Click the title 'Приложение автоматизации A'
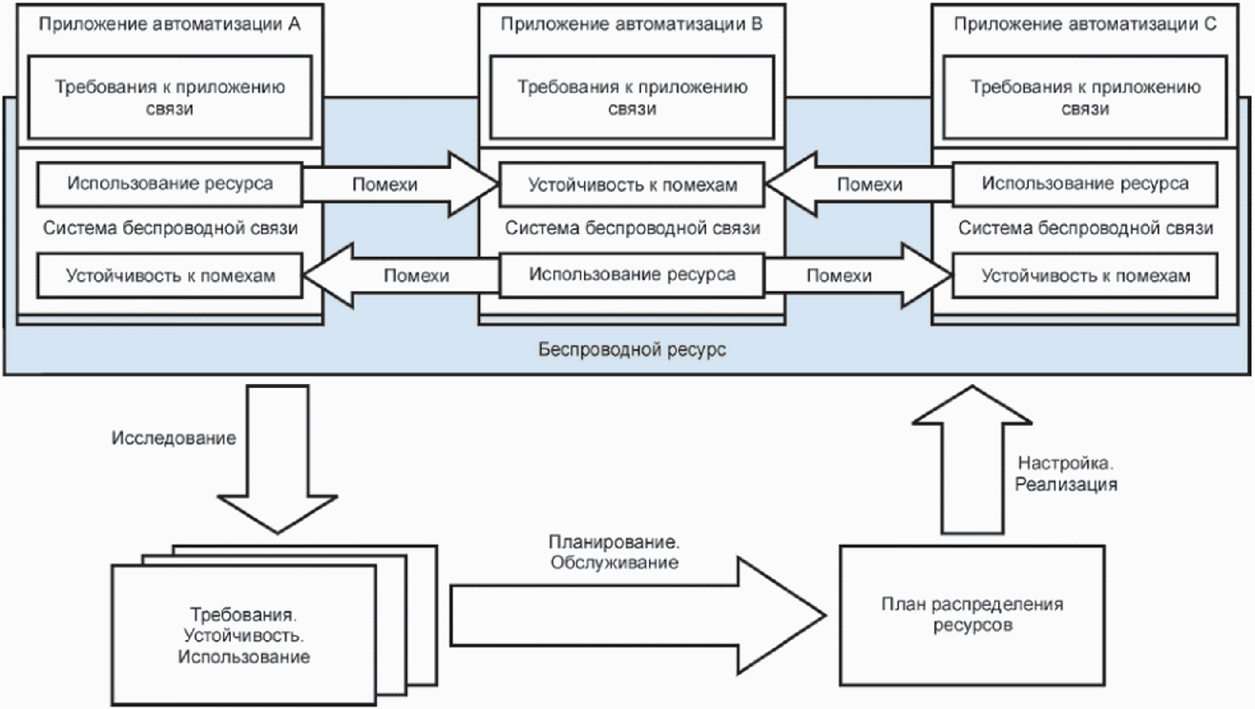click(x=169, y=24)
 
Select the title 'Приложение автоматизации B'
click(x=631, y=24)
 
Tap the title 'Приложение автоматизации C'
click(x=1085, y=24)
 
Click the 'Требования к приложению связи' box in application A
click(x=170, y=97)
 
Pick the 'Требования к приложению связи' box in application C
click(x=1085, y=97)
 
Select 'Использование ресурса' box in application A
click(x=170, y=184)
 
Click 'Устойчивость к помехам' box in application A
click(x=170, y=275)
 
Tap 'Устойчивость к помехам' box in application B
click(x=632, y=184)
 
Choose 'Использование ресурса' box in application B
click(x=632, y=275)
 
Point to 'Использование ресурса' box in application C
click(x=1085, y=184)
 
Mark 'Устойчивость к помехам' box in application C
click(x=1085, y=275)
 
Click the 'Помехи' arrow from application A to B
click(x=400, y=184)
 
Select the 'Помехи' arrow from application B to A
click(x=400, y=275)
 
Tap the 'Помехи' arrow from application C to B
click(x=859, y=184)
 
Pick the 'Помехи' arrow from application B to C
click(x=859, y=275)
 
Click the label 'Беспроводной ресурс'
click(x=632, y=350)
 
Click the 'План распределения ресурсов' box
click(x=972, y=616)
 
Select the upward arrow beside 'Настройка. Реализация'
click(x=972, y=460)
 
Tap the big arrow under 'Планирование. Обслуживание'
click(x=639, y=616)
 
